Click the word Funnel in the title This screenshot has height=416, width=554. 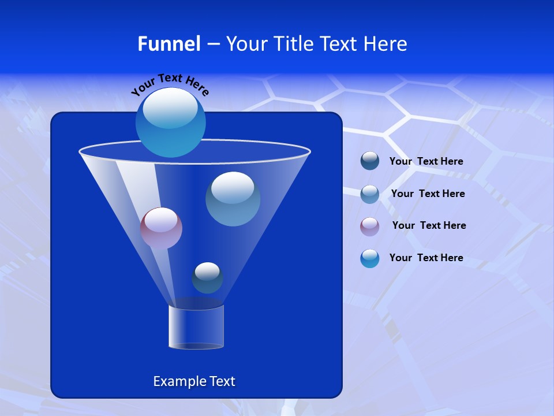169,44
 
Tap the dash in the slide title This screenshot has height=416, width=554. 212,44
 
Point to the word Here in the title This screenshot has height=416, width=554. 385,44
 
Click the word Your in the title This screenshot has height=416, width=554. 246,44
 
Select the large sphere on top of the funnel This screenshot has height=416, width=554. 170,122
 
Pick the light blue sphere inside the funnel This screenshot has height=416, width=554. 233,199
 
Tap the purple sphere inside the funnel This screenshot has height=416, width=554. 161,228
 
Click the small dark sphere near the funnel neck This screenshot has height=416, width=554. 207,278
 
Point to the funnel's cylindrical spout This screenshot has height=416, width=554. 196,328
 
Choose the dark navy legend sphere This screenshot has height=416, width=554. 370,161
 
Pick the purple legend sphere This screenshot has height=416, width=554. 370,226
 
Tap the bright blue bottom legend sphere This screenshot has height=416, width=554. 370,258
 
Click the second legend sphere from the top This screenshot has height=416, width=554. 370,194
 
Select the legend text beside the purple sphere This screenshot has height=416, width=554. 429,225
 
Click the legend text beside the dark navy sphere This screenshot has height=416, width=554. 426,161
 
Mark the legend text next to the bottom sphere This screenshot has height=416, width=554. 426,258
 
